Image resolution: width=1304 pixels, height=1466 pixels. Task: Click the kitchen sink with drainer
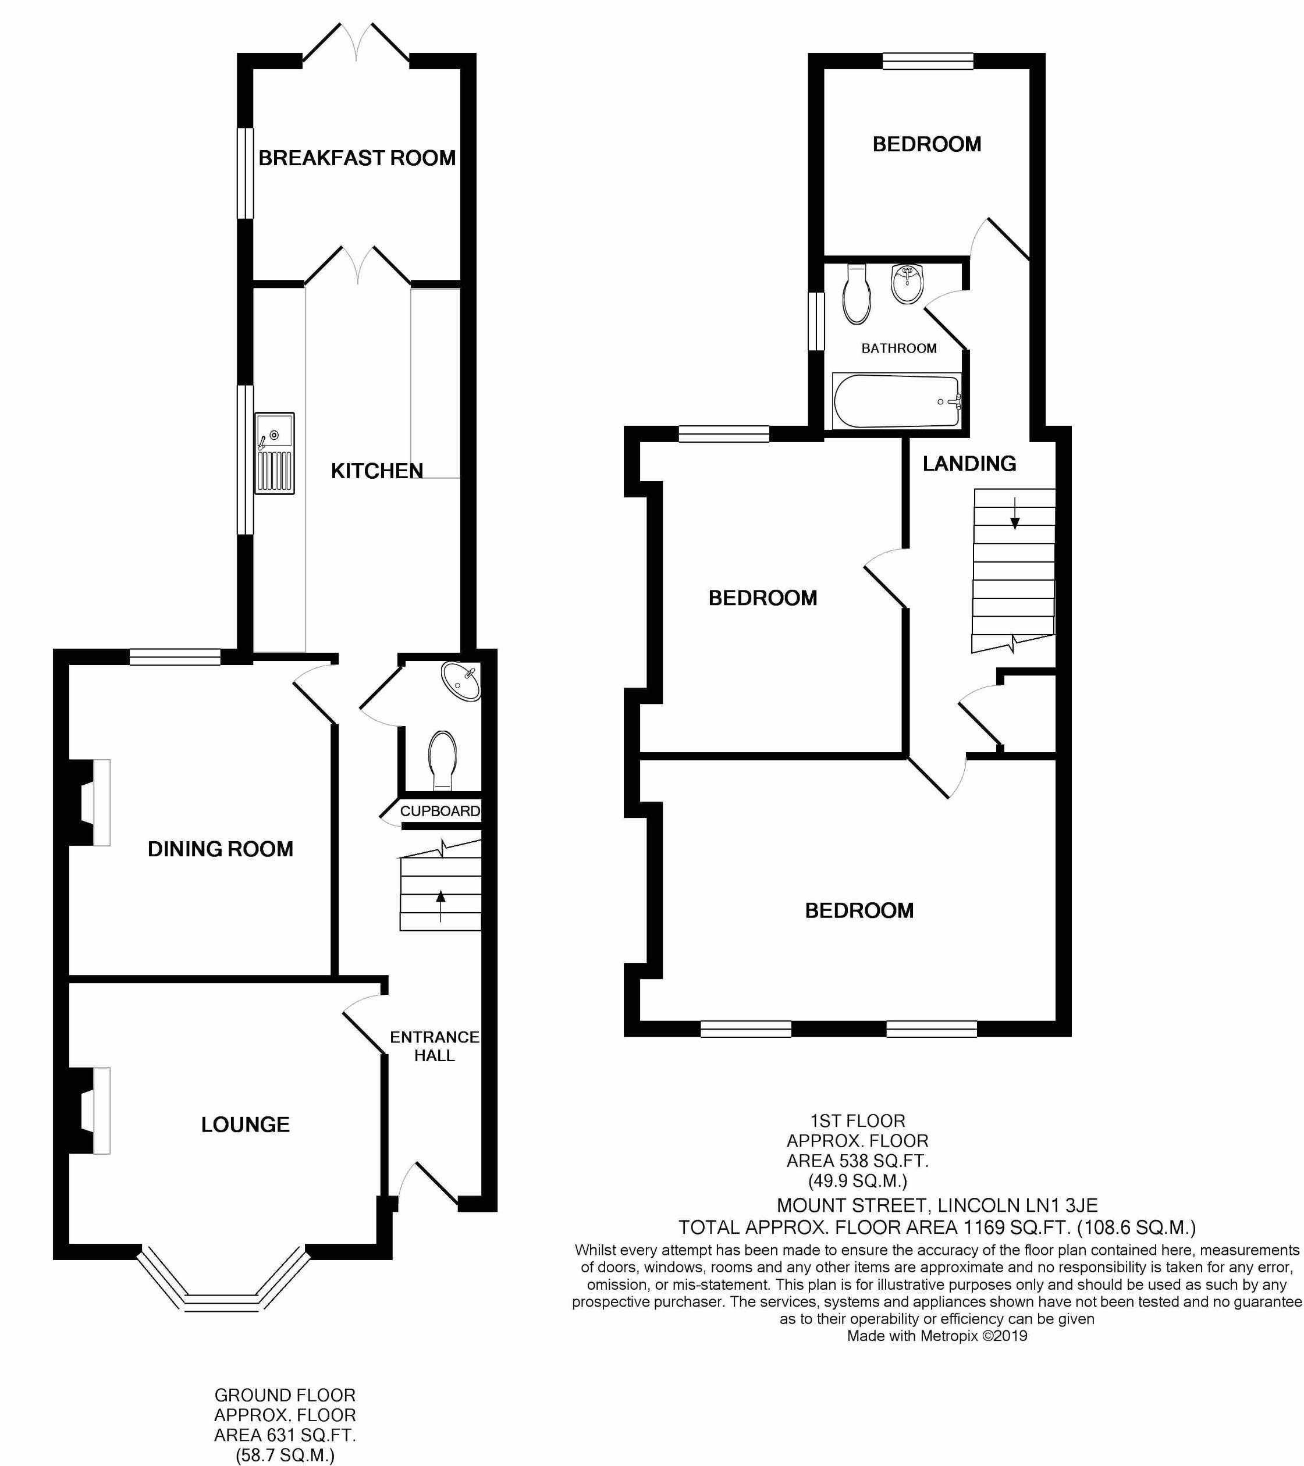tap(274, 453)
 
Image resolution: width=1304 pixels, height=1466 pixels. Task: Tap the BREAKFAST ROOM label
tap(357, 158)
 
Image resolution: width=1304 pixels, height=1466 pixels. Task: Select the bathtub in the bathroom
tap(897, 401)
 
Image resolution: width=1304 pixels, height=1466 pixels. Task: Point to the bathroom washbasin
tap(907, 284)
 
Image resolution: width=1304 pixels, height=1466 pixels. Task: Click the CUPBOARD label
tap(440, 811)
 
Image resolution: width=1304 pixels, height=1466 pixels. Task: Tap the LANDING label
tap(969, 464)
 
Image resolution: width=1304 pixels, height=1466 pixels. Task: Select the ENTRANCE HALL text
tap(434, 1047)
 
